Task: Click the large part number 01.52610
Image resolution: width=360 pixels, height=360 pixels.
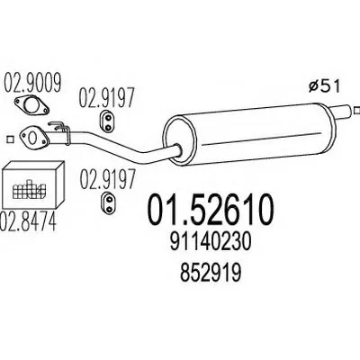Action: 211,210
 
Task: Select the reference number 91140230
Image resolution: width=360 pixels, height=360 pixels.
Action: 210,242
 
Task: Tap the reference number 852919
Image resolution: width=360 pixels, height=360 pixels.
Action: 210,274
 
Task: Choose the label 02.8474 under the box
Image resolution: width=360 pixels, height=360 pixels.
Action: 29,221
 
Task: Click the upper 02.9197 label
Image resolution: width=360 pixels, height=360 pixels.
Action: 106,97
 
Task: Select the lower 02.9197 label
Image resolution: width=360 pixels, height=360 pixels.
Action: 107,179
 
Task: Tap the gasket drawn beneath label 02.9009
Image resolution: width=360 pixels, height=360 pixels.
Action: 31,105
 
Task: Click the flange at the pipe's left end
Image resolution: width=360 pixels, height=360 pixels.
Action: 33,138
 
